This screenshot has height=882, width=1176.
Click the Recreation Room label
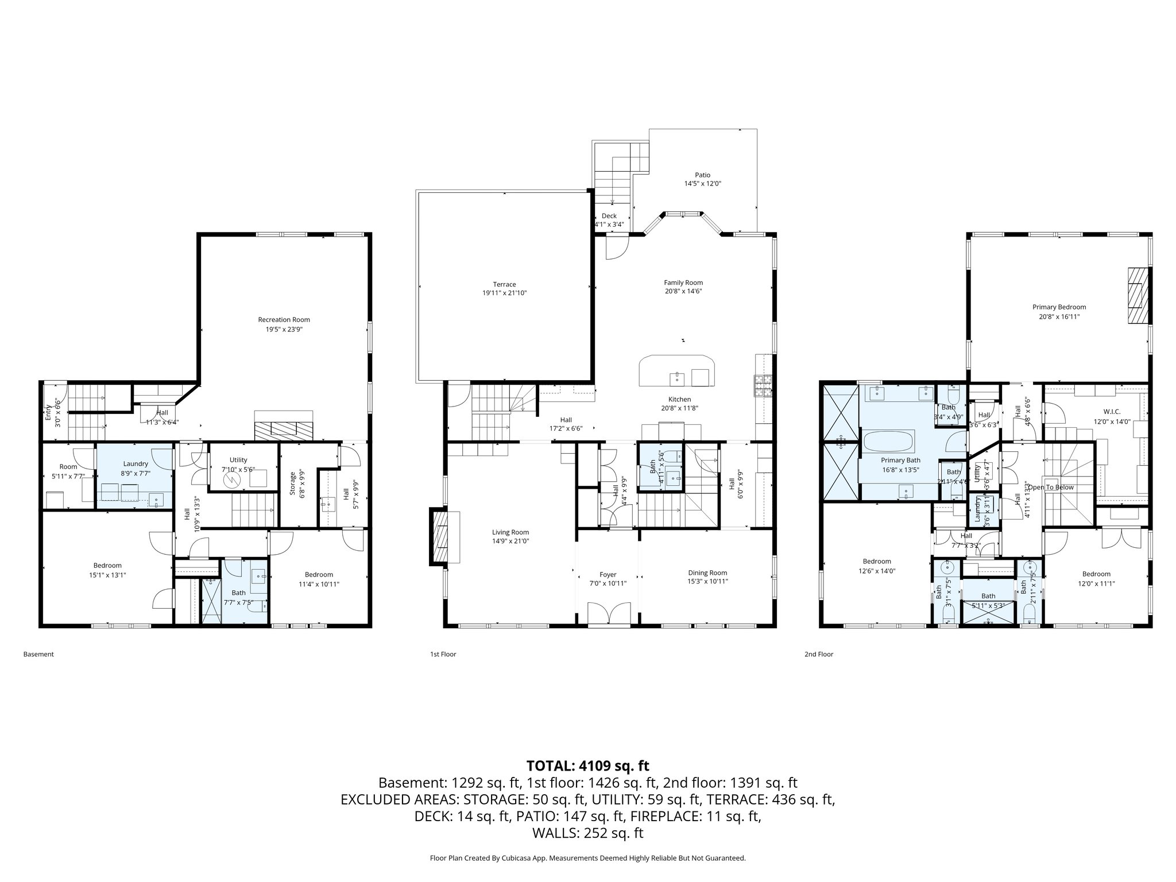284,320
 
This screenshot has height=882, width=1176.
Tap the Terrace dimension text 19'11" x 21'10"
504,293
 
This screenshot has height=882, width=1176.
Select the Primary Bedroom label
1059,307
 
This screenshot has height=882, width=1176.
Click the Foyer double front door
608,613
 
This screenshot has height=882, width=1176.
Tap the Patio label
702,175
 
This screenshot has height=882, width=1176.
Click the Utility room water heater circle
232,479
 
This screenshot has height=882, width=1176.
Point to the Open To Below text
1050,488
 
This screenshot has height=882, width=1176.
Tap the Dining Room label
707,572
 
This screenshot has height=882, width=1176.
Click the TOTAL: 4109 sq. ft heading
587,765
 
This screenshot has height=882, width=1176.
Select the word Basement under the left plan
38,654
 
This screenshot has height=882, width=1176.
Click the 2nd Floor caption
818,654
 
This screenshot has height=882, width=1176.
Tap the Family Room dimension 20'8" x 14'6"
683,292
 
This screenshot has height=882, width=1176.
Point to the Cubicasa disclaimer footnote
587,858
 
